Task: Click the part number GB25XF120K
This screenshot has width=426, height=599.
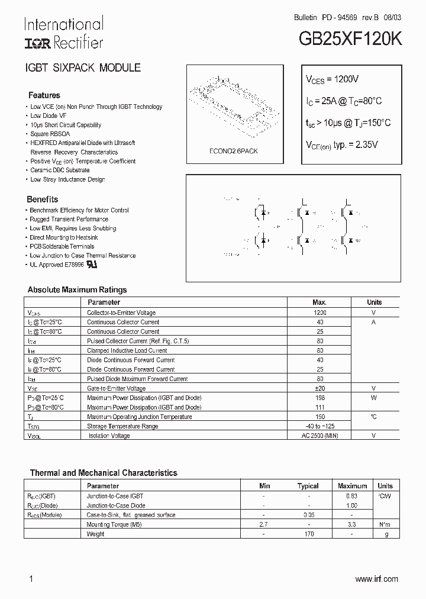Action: pyautogui.click(x=350, y=39)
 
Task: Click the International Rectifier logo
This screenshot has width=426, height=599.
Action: pyautogui.click(x=63, y=33)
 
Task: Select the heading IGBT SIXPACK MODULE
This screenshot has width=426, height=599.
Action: pyautogui.click(x=82, y=68)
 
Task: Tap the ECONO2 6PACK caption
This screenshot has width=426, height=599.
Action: pyautogui.click(x=233, y=151)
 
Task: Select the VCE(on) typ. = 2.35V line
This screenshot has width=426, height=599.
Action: pyautogui.click(x=341, y=144)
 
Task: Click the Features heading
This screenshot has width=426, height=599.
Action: pyautogui.click(x=44, y=95)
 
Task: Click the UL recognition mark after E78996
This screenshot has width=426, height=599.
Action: pyautogui.click(x=91, y=264)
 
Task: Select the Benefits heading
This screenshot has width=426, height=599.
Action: pyautogui.click(x=43, y=199)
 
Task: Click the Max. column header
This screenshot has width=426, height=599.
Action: pyautogui.click(x=319, y=302)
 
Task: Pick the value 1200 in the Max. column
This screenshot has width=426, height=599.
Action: pyautogui.click(x=319, y=313)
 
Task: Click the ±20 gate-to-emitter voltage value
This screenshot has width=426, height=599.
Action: pyautogui.click(x=319, y=388)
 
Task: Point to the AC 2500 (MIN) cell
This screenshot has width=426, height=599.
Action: pyautogui.click(x=319, y=436)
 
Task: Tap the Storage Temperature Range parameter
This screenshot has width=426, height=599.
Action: pyautogui.click(x=122, y=426)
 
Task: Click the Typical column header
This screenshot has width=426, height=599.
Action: pyautogui.click(x=308, y=486)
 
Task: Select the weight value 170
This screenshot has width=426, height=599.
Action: pyautogui.click(x=308, y=534)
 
